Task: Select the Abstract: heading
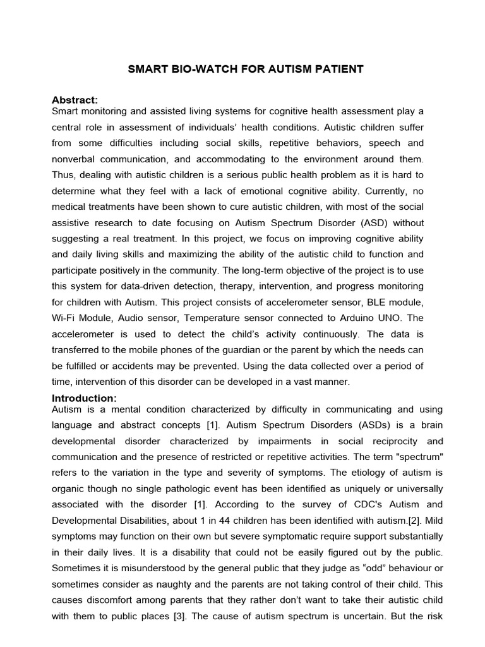pyautogui.click(x=75, y=100)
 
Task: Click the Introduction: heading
pyautogui.click(x=84, y=398)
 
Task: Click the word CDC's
pyautogui.click(x=344, y=504)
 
